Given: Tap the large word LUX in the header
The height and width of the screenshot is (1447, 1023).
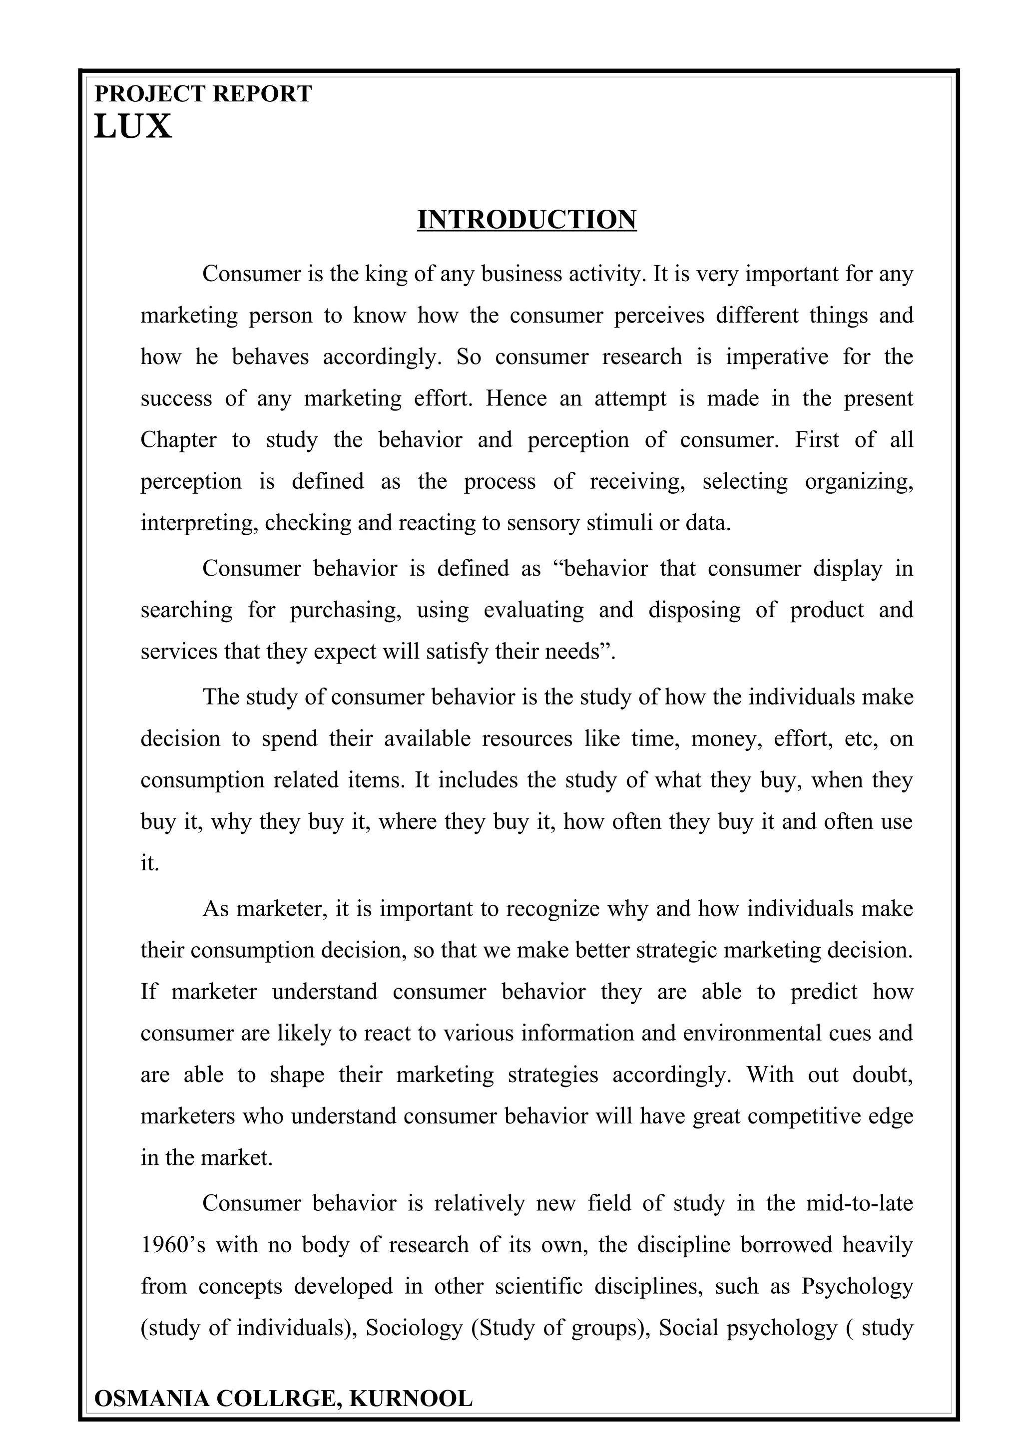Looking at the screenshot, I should click(x=132, y=127).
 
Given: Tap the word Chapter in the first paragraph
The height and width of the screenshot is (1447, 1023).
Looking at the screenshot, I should click(x=178, y=440).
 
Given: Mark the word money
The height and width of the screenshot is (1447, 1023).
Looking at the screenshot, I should click(x=719, y=738).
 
